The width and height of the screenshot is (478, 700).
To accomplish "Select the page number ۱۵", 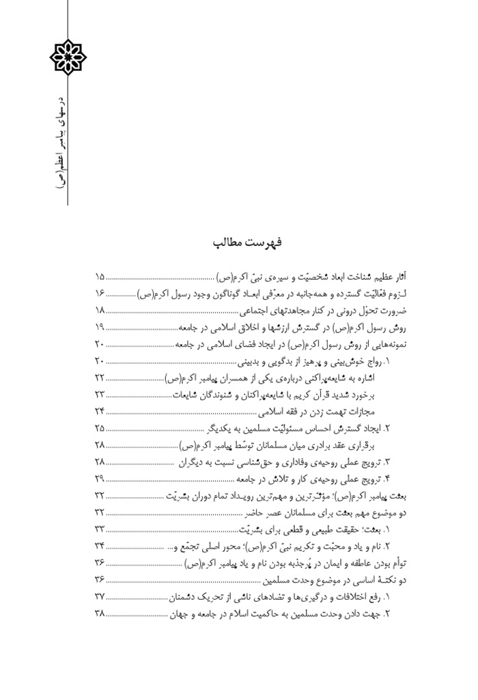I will point(100,277).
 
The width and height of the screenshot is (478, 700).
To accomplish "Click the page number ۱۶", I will point(100,294).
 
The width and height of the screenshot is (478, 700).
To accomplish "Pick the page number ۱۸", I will point(100,311).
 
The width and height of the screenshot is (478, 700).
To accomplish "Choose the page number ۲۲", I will point(100,378).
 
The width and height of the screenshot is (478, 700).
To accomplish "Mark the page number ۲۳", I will point(100,395).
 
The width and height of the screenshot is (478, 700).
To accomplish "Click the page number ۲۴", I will point(100,412).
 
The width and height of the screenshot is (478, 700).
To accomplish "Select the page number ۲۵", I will point(100,429).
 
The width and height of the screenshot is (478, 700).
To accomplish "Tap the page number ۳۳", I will point(100,529).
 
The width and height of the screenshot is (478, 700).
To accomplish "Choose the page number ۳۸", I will point(100,613).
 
